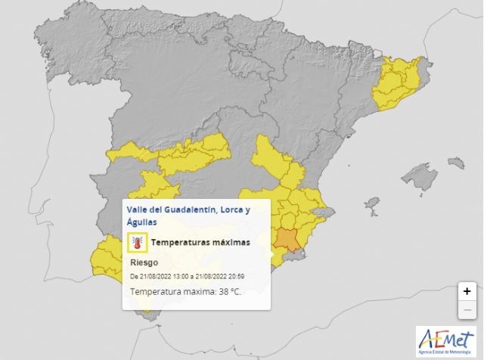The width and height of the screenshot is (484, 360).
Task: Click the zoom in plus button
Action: click(467, 291)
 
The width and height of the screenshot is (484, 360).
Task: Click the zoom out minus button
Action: click(467, 309)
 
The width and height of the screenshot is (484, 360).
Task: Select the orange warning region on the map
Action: click(287, 239)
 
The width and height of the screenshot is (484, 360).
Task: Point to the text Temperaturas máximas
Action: click(200, 243)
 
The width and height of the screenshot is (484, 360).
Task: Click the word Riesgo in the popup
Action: click(144, 262)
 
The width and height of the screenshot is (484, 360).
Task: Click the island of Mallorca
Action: click(420, 178)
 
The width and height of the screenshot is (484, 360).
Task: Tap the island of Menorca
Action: click(455, 161)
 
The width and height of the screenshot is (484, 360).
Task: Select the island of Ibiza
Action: click(371, 204)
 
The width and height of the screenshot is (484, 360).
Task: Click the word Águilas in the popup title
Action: click(144, 222)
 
